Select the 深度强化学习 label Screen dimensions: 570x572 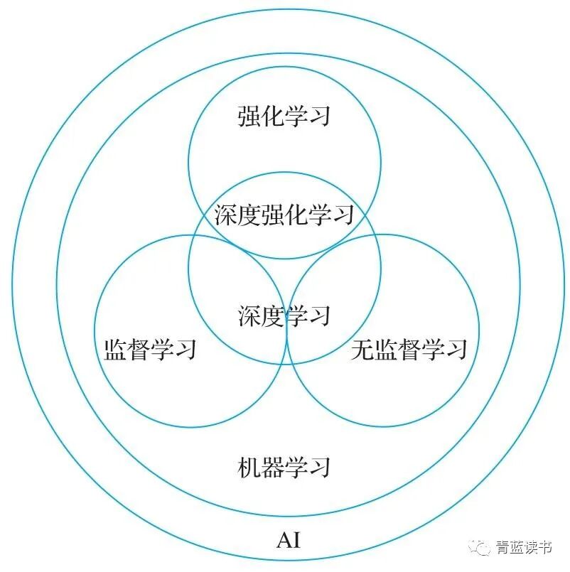pyautogui.click(x=284, y=214)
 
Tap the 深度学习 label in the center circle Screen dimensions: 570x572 pyautogui.click(x=284, y=315)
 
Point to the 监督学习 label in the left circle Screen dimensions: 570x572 pyautogui.click(x=150, y=350)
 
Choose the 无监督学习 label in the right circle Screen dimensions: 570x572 pyautogui.click(x=409, y=350)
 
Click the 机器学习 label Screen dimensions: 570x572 pyautogui.click(x=284, y=467)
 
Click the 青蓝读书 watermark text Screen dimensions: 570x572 pyautogui.click(x=525, y=546)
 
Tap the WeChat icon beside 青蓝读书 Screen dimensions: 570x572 pyautogui.click(x=484, y=546)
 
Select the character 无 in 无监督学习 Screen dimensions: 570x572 pyautogui.click(x=362, y=350)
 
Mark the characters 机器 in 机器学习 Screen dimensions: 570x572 pyautogui.click(x=261, y=467)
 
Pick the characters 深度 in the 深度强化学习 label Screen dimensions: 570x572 pyautogui.click(x=238, y=214)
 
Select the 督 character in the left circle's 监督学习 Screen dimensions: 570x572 pyautogui.click(x=139, y=350)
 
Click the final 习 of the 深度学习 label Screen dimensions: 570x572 pyautogui.click(x=320, y=315)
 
